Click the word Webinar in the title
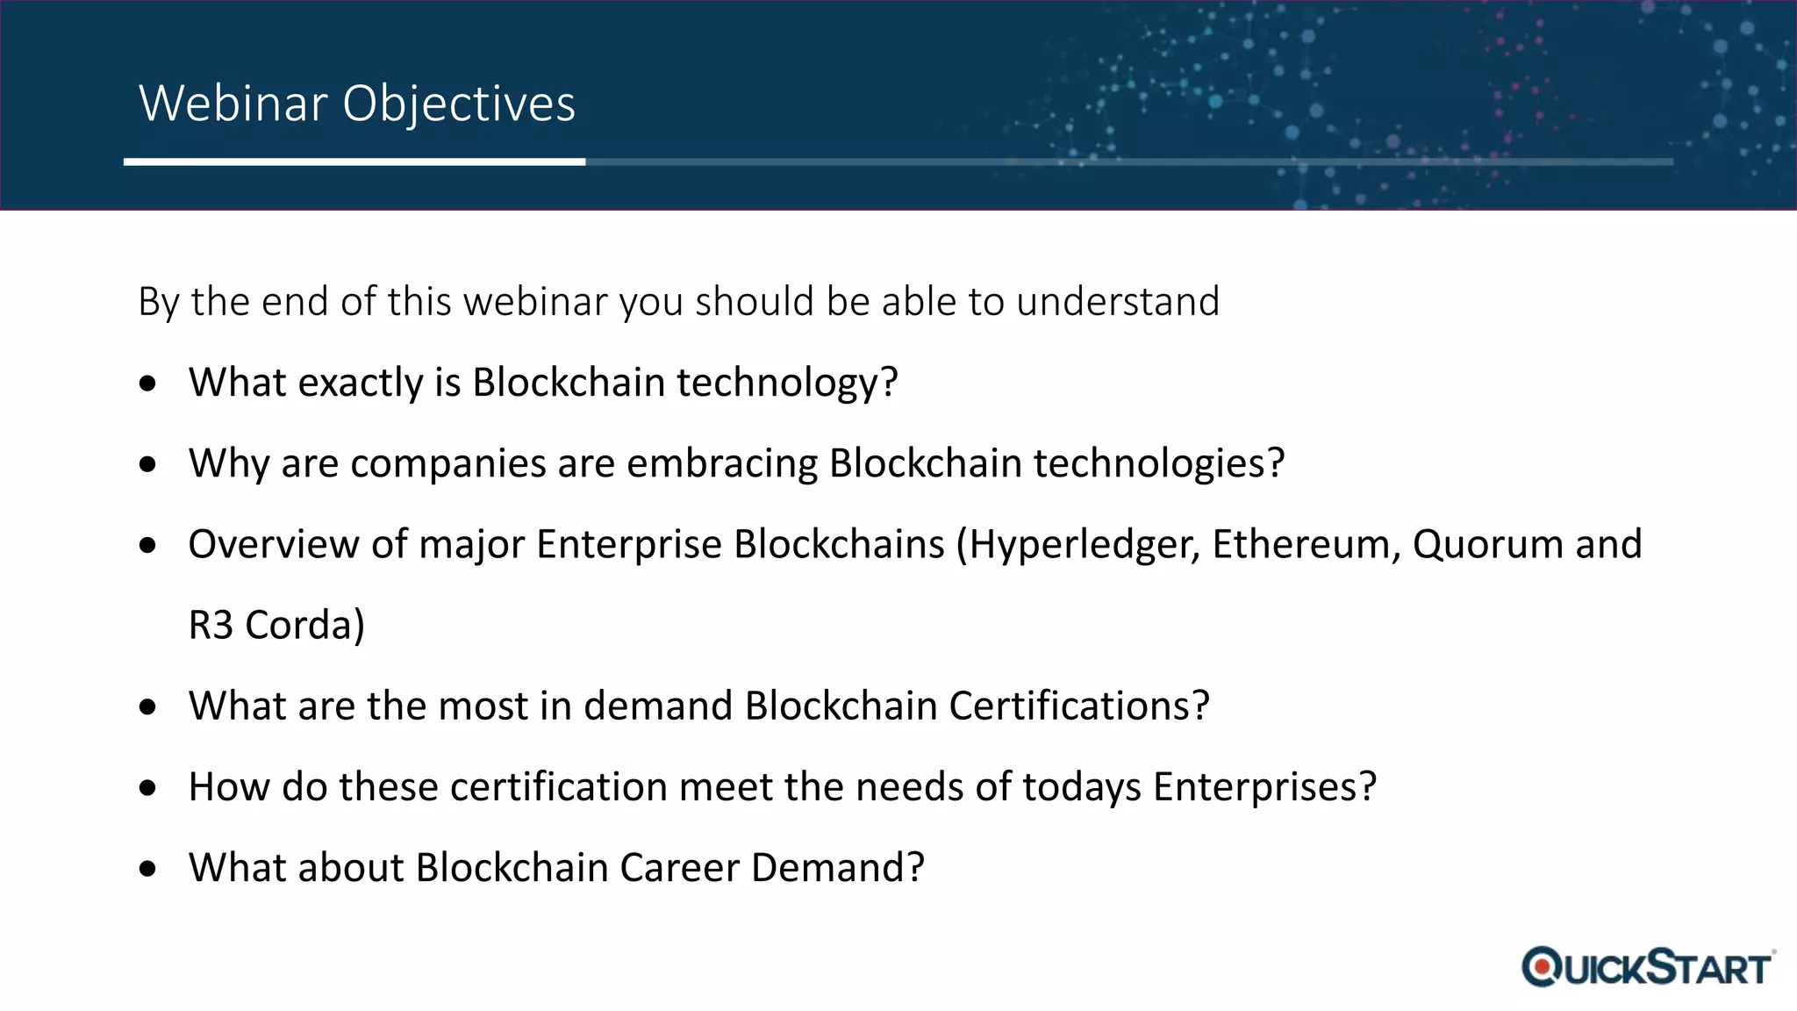[233, 104]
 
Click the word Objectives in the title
[458, 104]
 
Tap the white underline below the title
[354, 161]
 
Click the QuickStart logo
[1648, 967]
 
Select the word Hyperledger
[1084, 544]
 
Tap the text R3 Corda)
[276, 625]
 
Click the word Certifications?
[1079, 706]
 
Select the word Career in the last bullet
[679, 867]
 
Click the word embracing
[721, 463]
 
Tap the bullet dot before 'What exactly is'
[147, 384]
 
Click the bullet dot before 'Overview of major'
[147, 545]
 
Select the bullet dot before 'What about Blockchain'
[147, 869]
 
